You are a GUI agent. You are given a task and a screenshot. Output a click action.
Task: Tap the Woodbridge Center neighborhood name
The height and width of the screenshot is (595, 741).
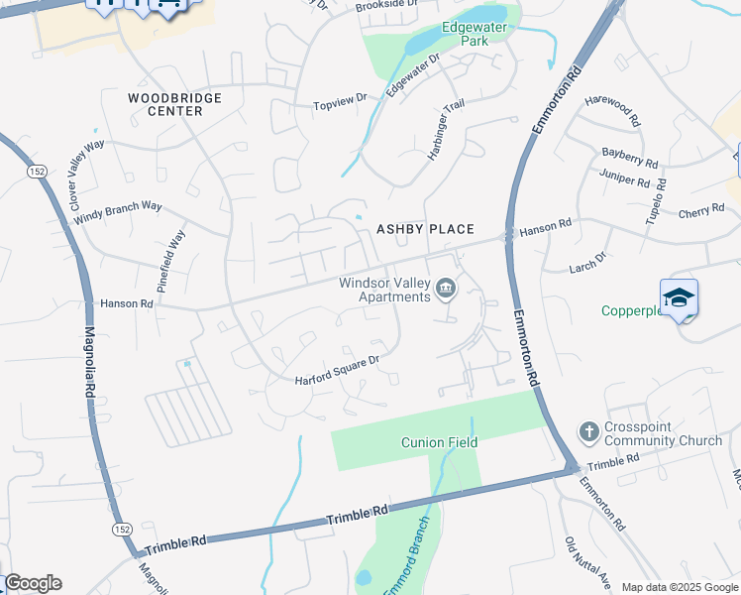tap(174, 104)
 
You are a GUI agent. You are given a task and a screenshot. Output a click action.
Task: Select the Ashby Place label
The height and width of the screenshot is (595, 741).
tap(425, 229)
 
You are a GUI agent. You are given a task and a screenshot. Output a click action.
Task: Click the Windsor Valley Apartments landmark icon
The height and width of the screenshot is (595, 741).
tap(447, 289)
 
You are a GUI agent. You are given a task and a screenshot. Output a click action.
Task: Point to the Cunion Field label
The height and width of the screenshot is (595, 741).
tap(439, 442)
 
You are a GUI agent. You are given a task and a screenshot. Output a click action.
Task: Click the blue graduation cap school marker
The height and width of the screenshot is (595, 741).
tap(680, 298)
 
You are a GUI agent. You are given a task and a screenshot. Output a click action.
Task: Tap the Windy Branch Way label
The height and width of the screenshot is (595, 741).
tap(118, 211)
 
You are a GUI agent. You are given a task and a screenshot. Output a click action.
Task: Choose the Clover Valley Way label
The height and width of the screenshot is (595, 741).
tap(86, 172)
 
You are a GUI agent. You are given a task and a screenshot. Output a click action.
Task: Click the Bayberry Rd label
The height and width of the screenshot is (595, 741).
tap(629, 156)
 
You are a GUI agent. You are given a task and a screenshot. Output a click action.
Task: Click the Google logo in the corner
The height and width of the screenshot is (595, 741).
tap(33, 583)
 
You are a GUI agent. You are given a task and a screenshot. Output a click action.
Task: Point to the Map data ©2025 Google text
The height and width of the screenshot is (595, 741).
tap(679, 587)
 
